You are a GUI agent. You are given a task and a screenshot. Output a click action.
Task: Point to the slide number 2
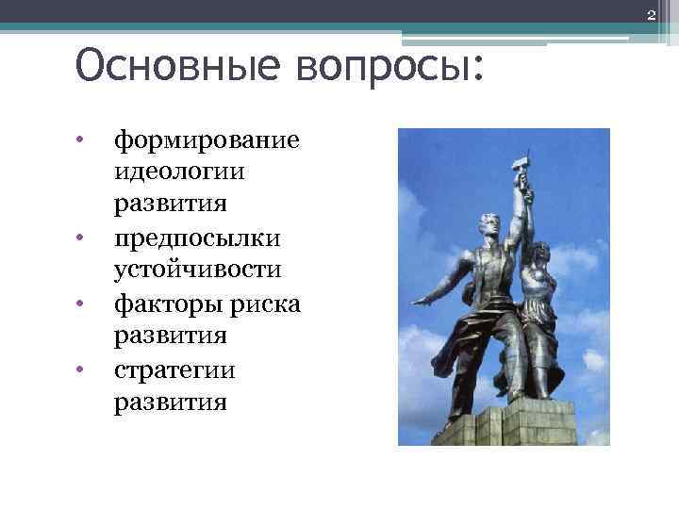point(651,11)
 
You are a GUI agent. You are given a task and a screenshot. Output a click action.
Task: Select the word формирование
point(207,140)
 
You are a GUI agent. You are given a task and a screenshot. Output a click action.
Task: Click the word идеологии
point(178,172)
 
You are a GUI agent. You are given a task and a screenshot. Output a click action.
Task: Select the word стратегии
point(174,369)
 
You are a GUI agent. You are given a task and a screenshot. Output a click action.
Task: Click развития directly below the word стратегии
point(170,402)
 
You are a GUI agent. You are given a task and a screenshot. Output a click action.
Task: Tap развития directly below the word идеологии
point(170,205)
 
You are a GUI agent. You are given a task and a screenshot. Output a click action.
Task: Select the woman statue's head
point(541,253)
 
